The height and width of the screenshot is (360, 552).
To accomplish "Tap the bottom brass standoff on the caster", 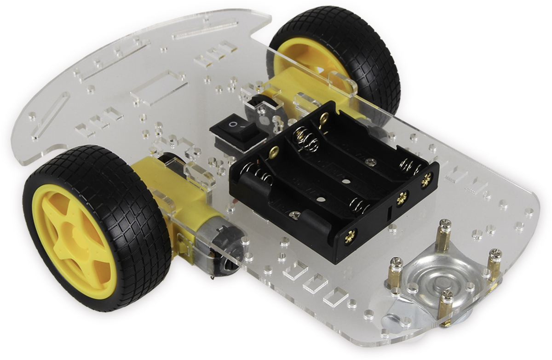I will [445, 306].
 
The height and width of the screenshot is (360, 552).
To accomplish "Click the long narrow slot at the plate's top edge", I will [205, 29].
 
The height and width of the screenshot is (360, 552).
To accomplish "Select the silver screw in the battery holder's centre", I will [371, 162].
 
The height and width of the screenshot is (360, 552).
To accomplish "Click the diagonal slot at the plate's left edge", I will [51, 115].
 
